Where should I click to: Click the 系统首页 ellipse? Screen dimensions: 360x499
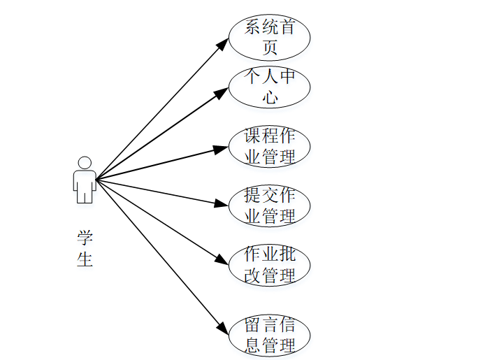pos(269,38)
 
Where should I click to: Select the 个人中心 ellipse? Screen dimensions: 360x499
pos(269,87)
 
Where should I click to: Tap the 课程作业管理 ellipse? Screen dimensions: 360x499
pos(269,146)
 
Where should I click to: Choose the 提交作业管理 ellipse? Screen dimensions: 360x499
pos(269,206)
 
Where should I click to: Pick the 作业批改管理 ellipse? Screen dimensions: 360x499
pos(269,265)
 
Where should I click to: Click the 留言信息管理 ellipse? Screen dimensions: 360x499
pos(269,335)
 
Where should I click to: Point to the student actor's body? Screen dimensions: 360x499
pos(85,185)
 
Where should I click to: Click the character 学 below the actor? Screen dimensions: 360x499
pos(85,237)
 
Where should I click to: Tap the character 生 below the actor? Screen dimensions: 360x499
pos(85,259)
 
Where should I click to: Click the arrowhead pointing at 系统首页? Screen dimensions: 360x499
pos(222,43)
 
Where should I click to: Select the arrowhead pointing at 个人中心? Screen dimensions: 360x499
pos(222,90)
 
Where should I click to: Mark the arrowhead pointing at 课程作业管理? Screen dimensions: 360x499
pos(222,147)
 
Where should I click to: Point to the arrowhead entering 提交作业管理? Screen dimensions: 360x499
pos(222,204)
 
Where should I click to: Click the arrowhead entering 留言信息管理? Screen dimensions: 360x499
pos(222,328)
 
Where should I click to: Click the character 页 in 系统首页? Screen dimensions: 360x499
pos(270,48)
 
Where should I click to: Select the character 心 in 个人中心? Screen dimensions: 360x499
pos(270,97)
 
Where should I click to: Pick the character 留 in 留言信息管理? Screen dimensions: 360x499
pos(253,325)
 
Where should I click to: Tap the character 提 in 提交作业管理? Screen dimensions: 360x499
pos(253,196)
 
